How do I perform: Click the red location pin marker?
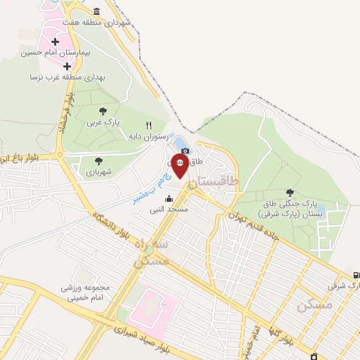pyautogui.click(x=180, y=167)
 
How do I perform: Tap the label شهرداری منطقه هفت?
pyautogui.click(x=105, y=22)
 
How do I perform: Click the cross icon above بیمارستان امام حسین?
pyautogui.click(x=56, y=41)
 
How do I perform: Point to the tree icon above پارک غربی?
pyautogui.click(x=103, y=110)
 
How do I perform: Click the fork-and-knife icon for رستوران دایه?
pyautogui.click(x=148, y=124)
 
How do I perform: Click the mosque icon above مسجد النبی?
pyautogui.click(x=169, y=199)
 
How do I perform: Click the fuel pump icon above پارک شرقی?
pyautogui.click(x=354, y=275)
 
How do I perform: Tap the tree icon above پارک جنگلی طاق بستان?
pyautogui.click(x=290, y=192)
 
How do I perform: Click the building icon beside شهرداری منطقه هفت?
pyautogui.click(x=96, y=12)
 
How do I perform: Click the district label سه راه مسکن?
pyautogui.click(x=150, y=254)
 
